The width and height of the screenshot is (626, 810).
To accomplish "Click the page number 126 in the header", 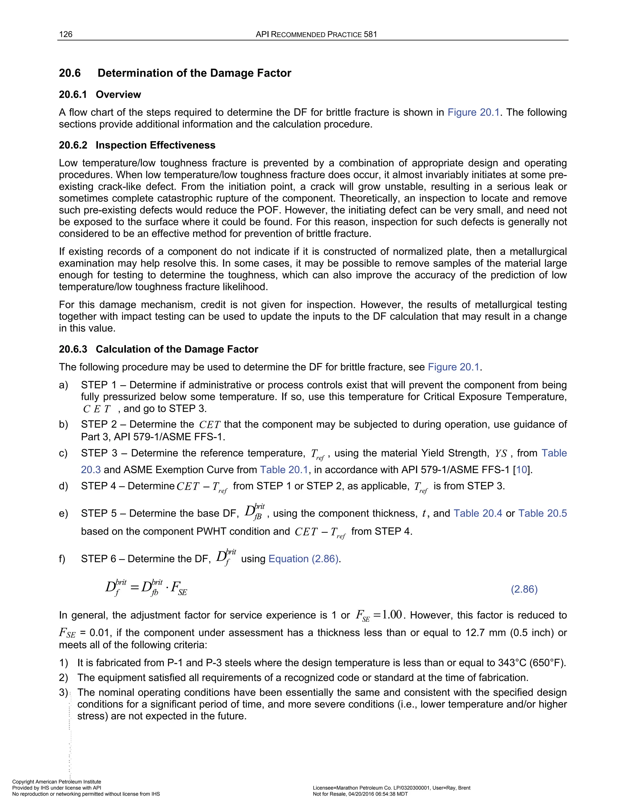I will point(66,35).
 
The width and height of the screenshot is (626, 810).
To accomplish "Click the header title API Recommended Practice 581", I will point(316,35).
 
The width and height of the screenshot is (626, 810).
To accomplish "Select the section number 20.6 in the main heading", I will point(70,73).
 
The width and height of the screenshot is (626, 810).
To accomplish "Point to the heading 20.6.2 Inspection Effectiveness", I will point(137,145).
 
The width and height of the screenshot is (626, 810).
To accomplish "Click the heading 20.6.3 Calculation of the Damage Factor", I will point(158,349).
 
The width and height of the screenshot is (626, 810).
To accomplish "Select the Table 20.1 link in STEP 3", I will point(284,470).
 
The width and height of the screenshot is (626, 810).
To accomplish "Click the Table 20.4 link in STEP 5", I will point(478,513).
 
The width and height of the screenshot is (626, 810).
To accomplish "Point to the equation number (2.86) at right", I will point(524,589).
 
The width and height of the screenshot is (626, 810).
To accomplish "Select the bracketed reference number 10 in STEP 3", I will point(521,470).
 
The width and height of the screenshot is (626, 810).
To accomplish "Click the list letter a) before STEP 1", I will point(63,385).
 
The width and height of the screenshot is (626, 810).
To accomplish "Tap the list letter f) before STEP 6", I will point(62,559).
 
